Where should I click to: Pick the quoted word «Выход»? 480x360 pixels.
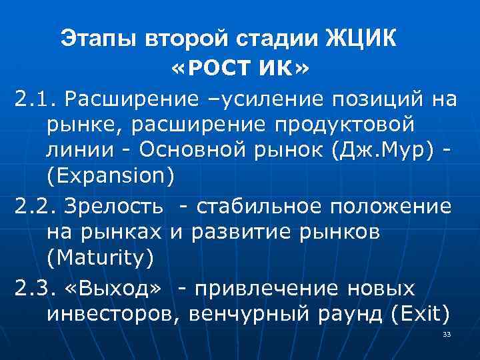tap(114, 289)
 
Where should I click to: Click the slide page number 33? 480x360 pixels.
tap(447, 334)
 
